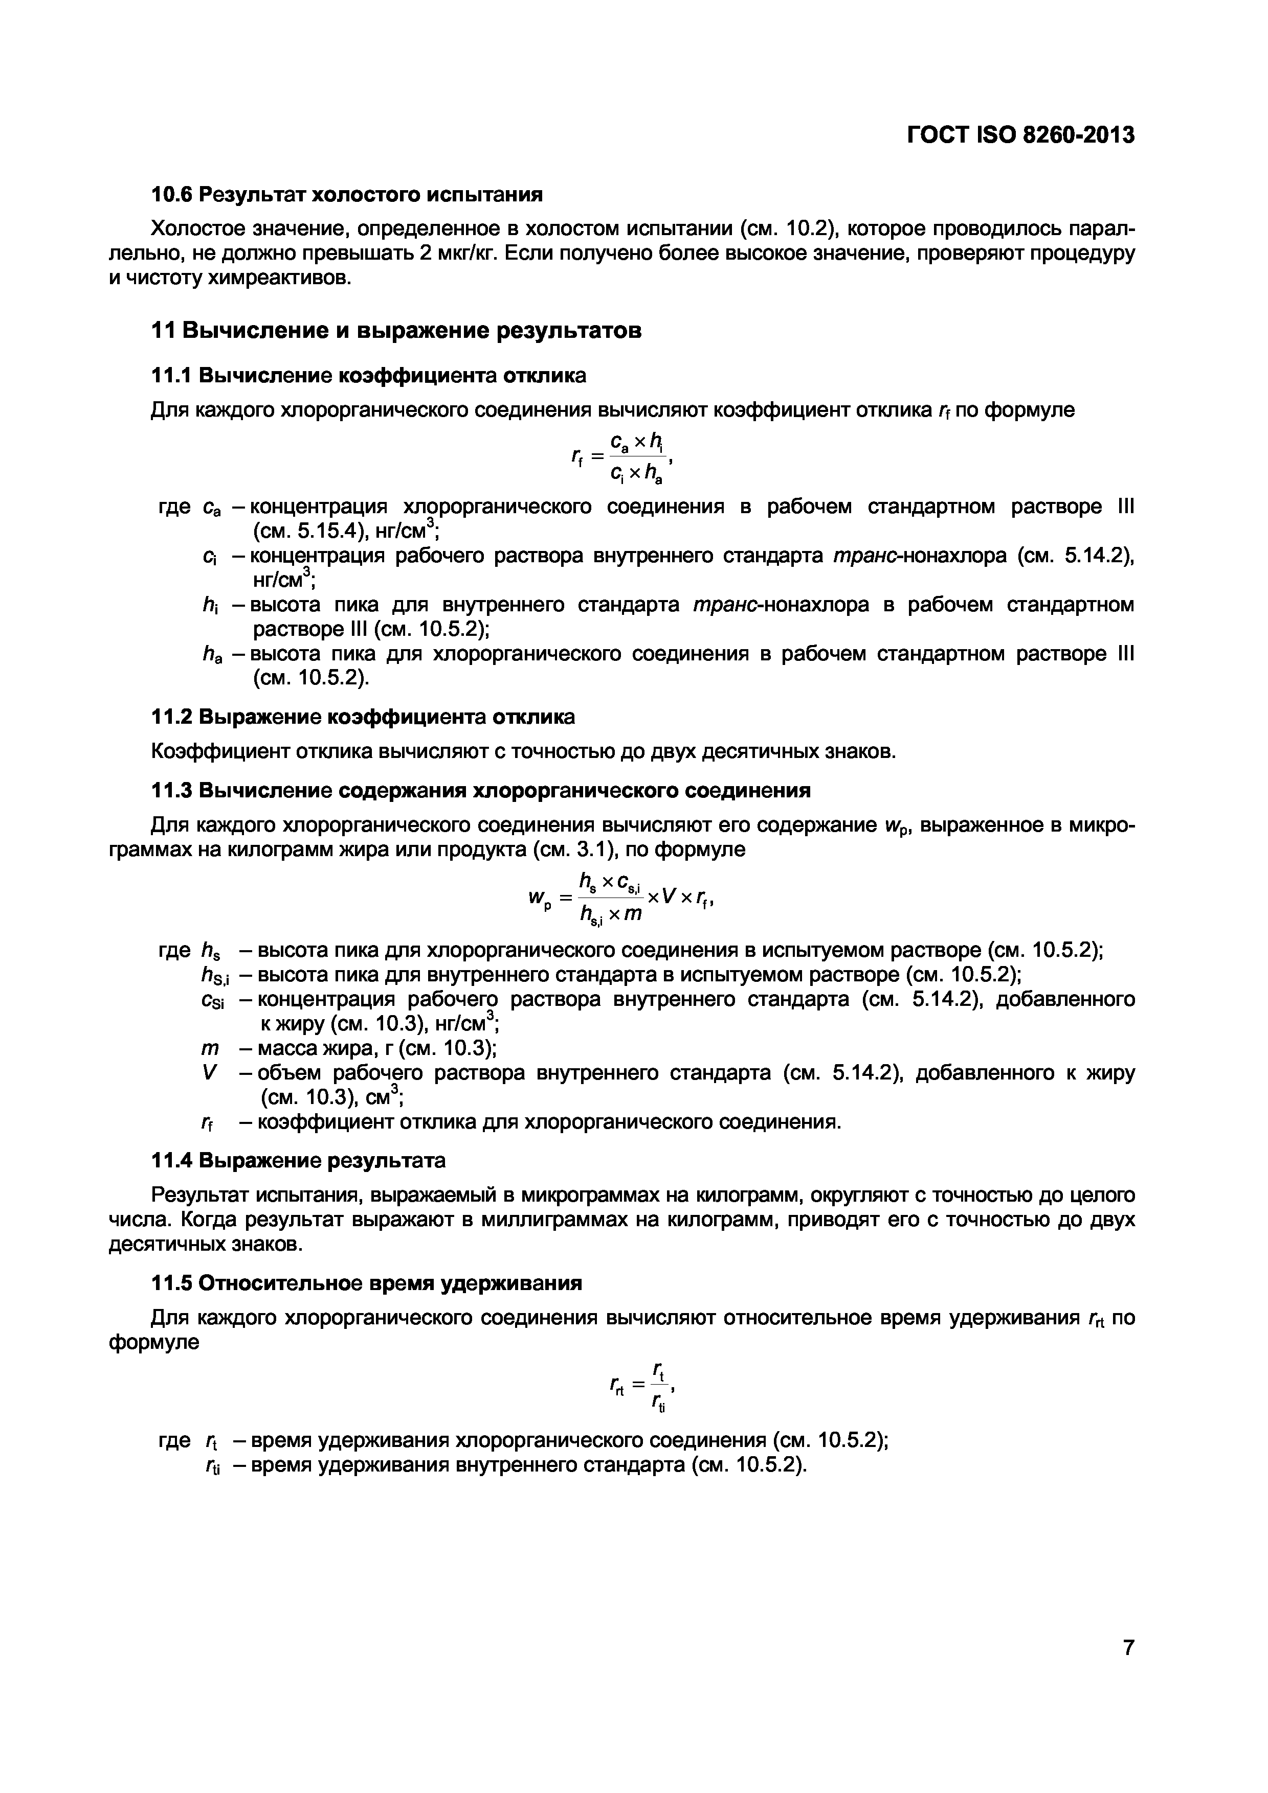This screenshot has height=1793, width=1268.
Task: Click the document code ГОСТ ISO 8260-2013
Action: (x=1019, y=135)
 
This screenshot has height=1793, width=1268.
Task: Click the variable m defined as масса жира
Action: (x=209, y=1049)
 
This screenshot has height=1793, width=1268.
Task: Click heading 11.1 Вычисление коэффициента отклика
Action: (x=368, y=376)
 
